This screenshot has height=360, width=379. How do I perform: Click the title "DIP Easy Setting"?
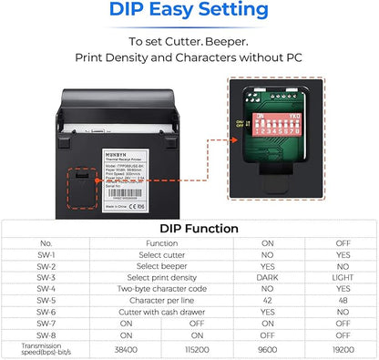coord(189,12)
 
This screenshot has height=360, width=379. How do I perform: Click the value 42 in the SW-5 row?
coord(267,301)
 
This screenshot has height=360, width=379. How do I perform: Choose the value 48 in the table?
coord(343,301)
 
